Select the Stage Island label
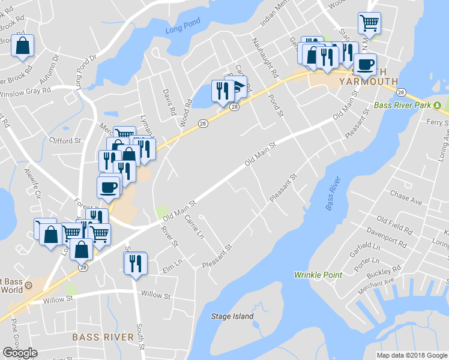tap(232, 316)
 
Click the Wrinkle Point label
tap(318, 275)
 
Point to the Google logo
tap(20, 353)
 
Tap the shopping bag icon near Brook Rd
tap(22, 46)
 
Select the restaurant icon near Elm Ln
tap(135, 263)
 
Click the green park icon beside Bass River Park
tap(438, 106)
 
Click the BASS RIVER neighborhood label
tap(103, 337)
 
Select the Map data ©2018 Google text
tap(411, 355)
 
